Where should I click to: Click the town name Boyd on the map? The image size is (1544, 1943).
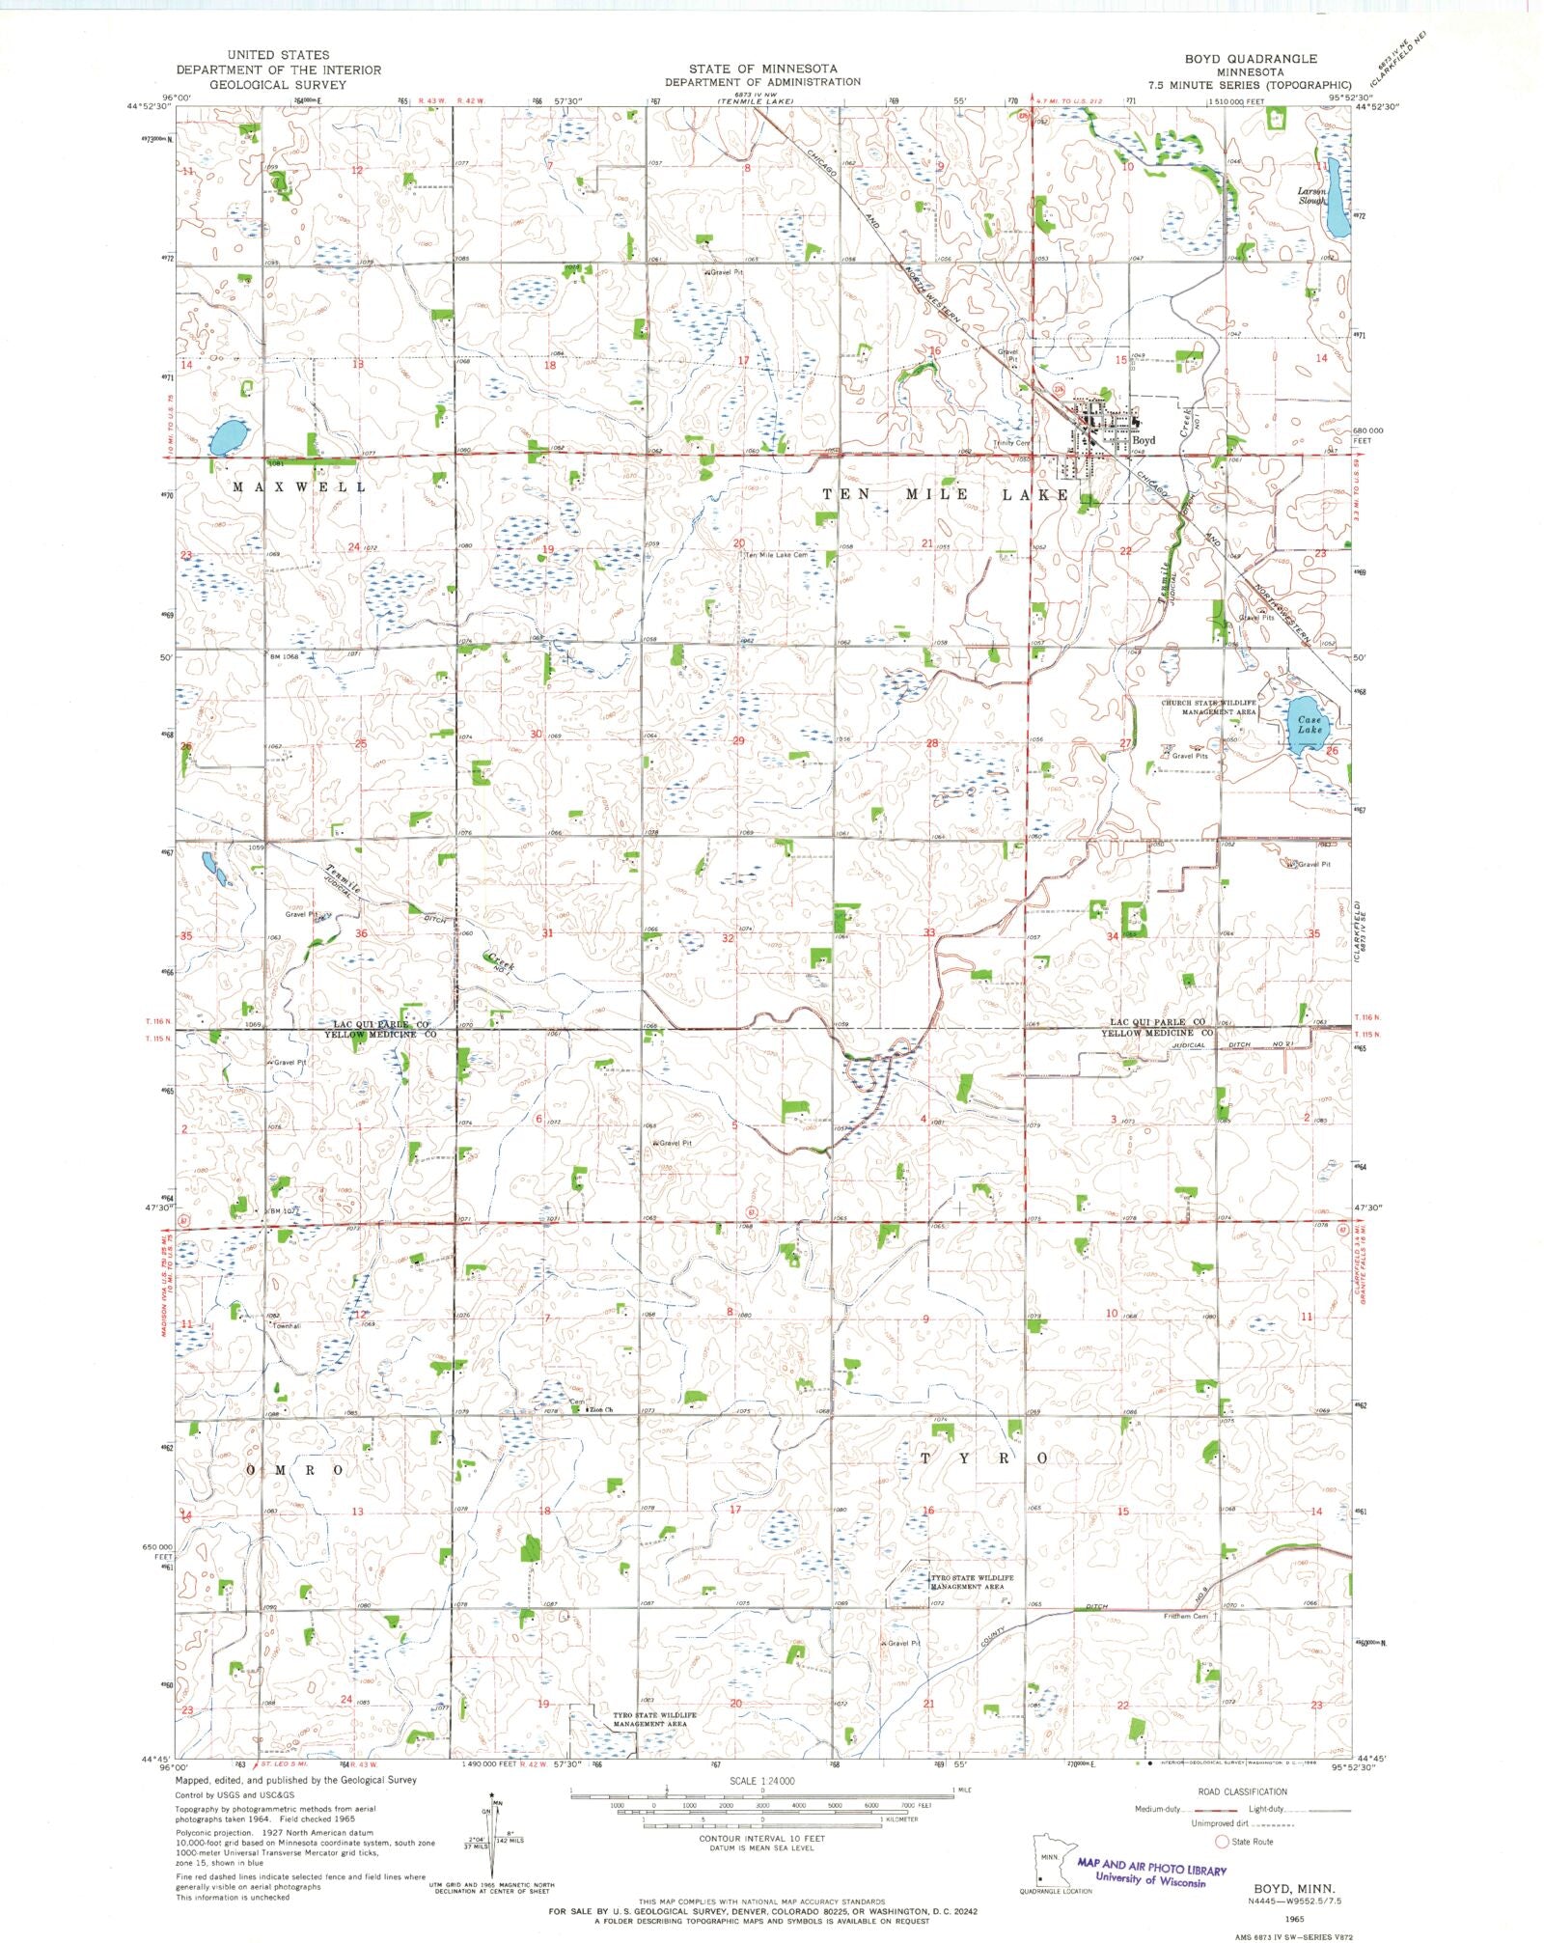pyautogui.click(x=1144, y=440)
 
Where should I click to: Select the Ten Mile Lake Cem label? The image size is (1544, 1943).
pyautogui.click(x=776, y=555)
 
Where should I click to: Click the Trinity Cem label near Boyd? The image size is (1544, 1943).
pyautogui.click(x=1012, y=443)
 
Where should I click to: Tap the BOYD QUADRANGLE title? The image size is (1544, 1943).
pyautogui.click(x=1251, y=59)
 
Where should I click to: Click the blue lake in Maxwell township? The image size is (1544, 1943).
pyautogui.click(x=228, y=437)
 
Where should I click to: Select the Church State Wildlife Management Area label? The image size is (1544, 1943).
pyautogui.click(x=1209, y=707)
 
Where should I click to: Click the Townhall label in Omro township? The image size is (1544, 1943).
pyautogui.click(x=287, y=1326)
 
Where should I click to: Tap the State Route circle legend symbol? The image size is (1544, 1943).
pyautogui.click(x=1222, y=1842)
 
